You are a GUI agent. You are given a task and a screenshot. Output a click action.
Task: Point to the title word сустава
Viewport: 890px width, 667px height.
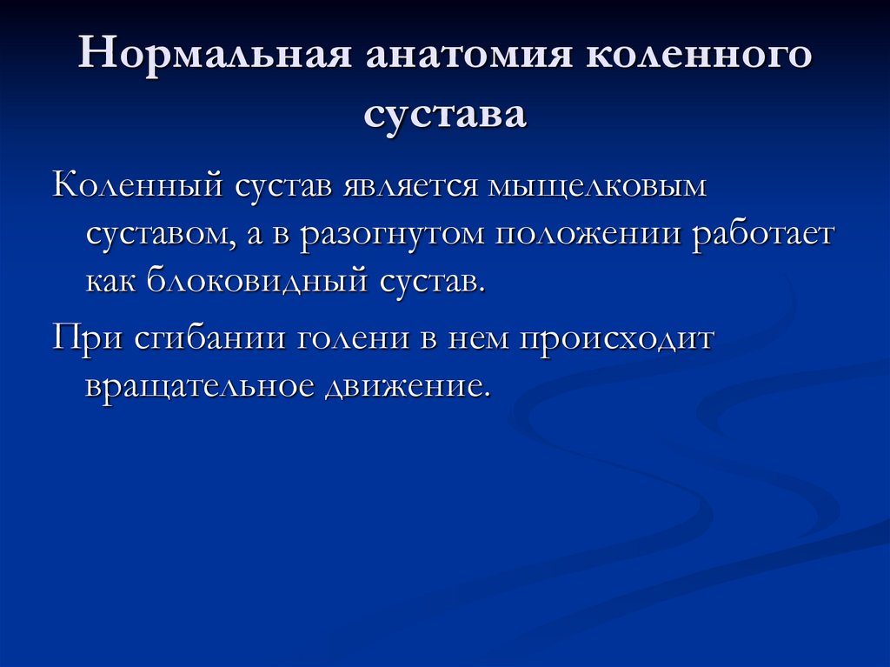pos(445,113)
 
